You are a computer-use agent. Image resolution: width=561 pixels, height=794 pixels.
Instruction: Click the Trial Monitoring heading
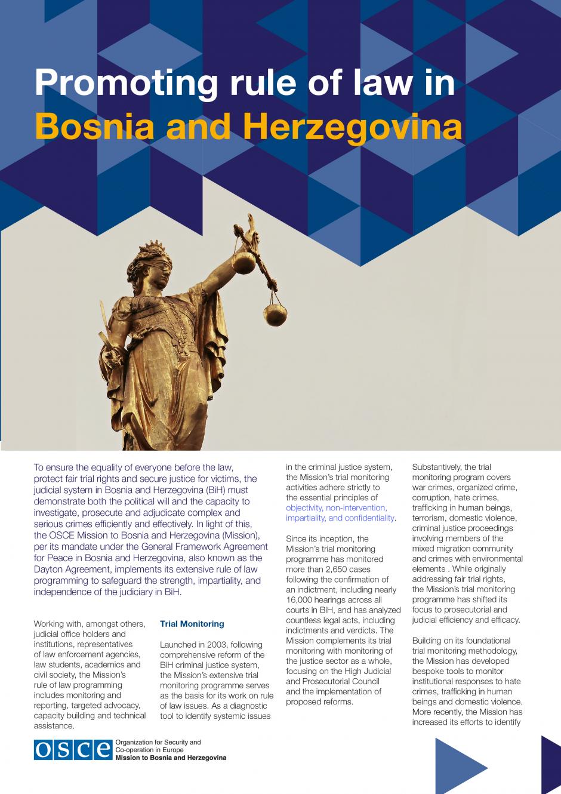coord(192,624)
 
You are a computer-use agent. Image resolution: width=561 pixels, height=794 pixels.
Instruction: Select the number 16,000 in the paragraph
coord(300,600)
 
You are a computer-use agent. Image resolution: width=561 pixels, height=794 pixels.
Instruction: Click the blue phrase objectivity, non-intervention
coord(336,508)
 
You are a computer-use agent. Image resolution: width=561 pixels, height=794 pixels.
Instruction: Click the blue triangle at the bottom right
coord(458,765)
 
